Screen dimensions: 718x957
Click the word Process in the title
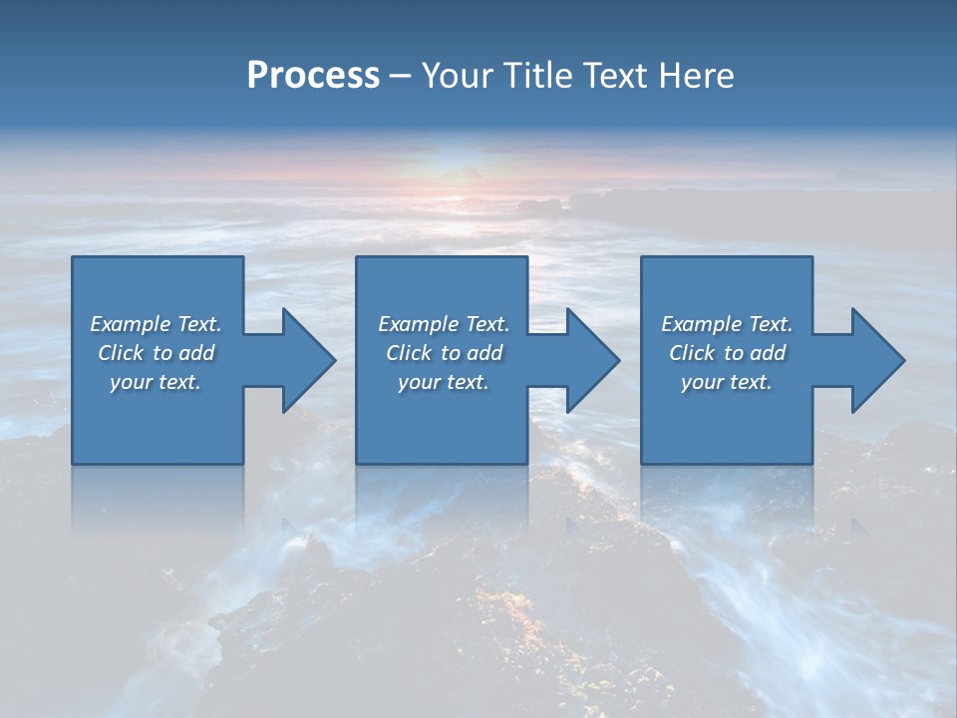tap(313, 76)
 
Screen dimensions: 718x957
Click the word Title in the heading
tap(534, 76)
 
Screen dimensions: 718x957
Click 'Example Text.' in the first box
tap(156, 324)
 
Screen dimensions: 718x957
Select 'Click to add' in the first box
tap(156, 353)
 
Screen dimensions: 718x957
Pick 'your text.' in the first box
tap(156, 382)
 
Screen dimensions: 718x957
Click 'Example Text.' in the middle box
tap(443, 324)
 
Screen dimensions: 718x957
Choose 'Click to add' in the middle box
tap(443, 353)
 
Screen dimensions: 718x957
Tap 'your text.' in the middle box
tap(443, 382)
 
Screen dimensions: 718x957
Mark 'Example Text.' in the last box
tap(726, 324)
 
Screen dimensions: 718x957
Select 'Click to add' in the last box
tap(726, 353)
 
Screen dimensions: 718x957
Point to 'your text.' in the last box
tap(726, 382)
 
